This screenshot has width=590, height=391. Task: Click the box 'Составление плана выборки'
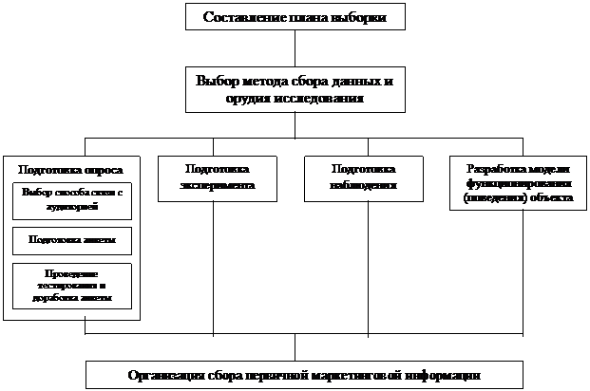(x=295, y=17)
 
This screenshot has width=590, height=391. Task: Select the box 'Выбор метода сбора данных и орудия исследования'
(x=295, y=89)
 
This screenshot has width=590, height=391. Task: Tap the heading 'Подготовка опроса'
(x=70, y=170)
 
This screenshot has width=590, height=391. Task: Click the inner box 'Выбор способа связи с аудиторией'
(x=72, y=198)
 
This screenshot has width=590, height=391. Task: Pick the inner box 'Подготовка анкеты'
(x=72, y=240)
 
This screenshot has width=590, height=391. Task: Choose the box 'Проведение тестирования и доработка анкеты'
(x=72, y=286)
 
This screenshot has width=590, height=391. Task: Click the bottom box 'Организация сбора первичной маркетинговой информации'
(x=305, y=375)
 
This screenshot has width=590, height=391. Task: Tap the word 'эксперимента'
(x=217, y=185)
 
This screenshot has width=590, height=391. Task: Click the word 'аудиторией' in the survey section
(x=72, y=204)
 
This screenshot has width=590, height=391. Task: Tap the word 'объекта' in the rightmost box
(x=550, y=198)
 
